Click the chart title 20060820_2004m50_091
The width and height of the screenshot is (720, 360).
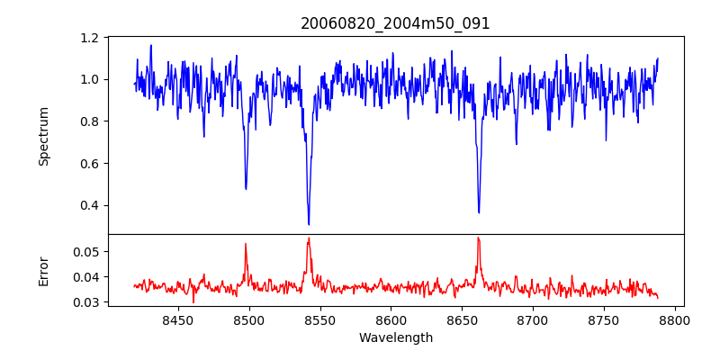395,23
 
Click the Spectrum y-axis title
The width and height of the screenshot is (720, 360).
43,136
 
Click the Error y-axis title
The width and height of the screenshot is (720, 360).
43,271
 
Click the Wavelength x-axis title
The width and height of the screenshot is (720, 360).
395,337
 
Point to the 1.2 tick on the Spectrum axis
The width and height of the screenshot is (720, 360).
90,38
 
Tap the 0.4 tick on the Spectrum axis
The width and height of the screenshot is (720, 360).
90,205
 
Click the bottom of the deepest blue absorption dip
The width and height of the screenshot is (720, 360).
309,224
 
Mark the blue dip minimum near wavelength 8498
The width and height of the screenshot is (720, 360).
246,189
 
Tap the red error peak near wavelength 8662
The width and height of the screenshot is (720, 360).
478,238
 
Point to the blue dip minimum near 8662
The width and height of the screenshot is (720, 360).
479,212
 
